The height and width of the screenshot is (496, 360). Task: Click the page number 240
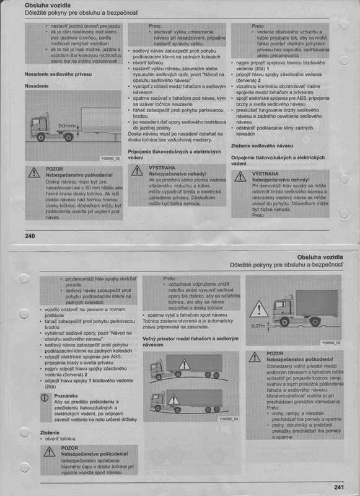click(30, 235)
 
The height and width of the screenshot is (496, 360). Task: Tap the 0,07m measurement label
click(258, 324)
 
